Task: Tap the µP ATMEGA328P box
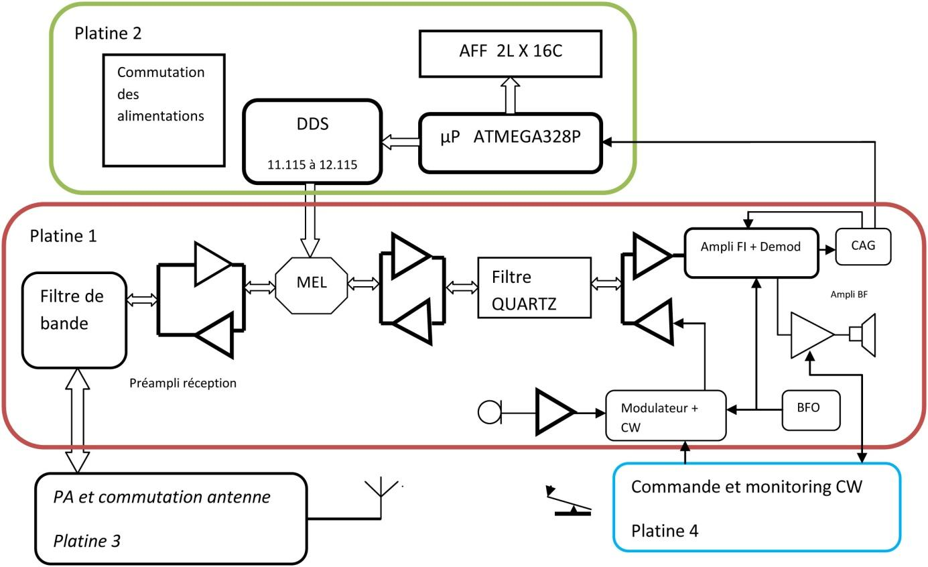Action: pyautogui.click(x=511, y=141)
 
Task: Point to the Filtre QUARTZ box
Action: pyautogui.click(x=535, y=287)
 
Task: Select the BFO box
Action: pyautogui.click(x=811, y=409)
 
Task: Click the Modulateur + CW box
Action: pyautogui.click(x=666, y=415)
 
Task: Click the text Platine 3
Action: pyautogui.click(x=86, y=540)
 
